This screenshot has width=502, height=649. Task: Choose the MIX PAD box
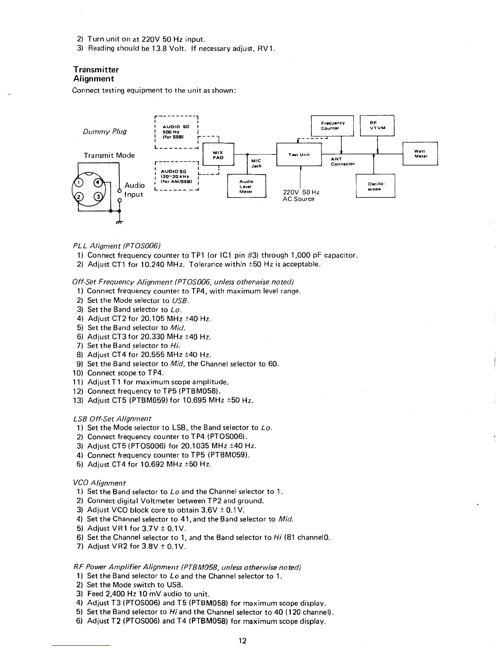[x=218, y=154]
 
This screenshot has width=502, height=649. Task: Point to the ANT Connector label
[x=343, y=161]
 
